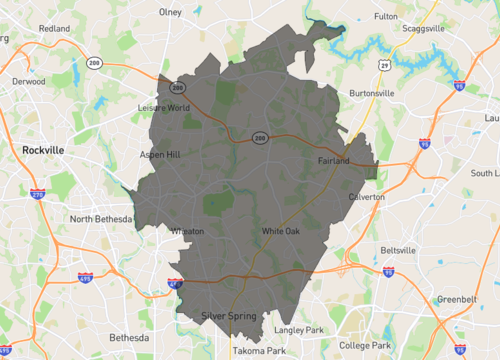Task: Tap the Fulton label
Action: (x=386, y=16)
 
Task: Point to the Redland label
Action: (x=54, y=29)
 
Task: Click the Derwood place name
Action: (x=28, y=82)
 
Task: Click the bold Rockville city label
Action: (x=43, y=150)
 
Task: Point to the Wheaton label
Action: (x=189, y=231)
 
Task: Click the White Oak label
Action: (x=280, y=231)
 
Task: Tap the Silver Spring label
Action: (x=229, y=316)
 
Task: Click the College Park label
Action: (x=369, y=345)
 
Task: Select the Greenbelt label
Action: (x=457, y=300)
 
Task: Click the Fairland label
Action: (x=333, y=161)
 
